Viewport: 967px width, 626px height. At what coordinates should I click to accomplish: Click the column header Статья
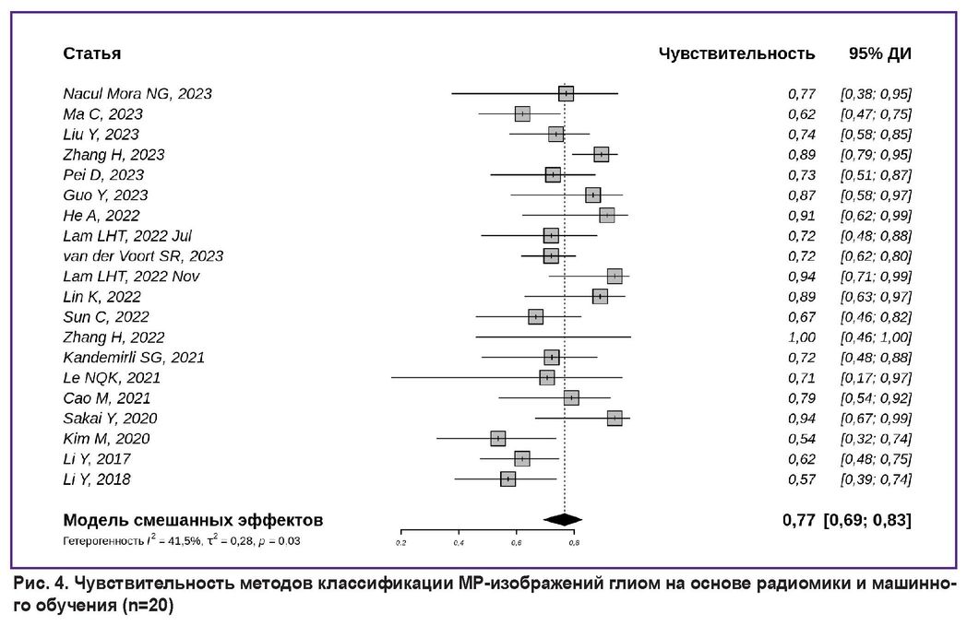(x=91, y=53)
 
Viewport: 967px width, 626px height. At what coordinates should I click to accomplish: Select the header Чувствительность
(x=736, y=53)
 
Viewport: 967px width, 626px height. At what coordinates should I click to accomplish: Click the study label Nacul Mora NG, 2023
(x=137, y=94)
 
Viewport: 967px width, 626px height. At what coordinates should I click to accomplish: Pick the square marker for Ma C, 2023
(x=522, y=114)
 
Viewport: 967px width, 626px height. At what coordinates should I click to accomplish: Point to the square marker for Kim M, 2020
(x=498, y=439)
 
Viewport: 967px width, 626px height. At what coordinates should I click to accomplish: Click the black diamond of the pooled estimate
(x=563, y=520)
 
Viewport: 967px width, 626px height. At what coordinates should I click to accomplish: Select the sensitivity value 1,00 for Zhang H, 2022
(x=801, y=337)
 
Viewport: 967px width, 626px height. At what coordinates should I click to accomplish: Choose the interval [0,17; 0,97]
(x=876, y=378)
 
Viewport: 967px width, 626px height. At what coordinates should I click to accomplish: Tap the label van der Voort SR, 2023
(x=143, y=256)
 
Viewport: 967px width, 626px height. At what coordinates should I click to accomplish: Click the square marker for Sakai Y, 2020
(x=615, y=419)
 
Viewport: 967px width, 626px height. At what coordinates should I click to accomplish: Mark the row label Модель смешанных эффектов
(x=193, y=520)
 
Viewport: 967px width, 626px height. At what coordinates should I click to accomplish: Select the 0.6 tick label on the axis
(x=516, y=542)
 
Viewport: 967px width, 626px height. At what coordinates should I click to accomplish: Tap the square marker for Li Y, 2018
(x=507, y=479)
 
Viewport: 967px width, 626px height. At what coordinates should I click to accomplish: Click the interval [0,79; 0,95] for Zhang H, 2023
(x=876, y=155)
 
